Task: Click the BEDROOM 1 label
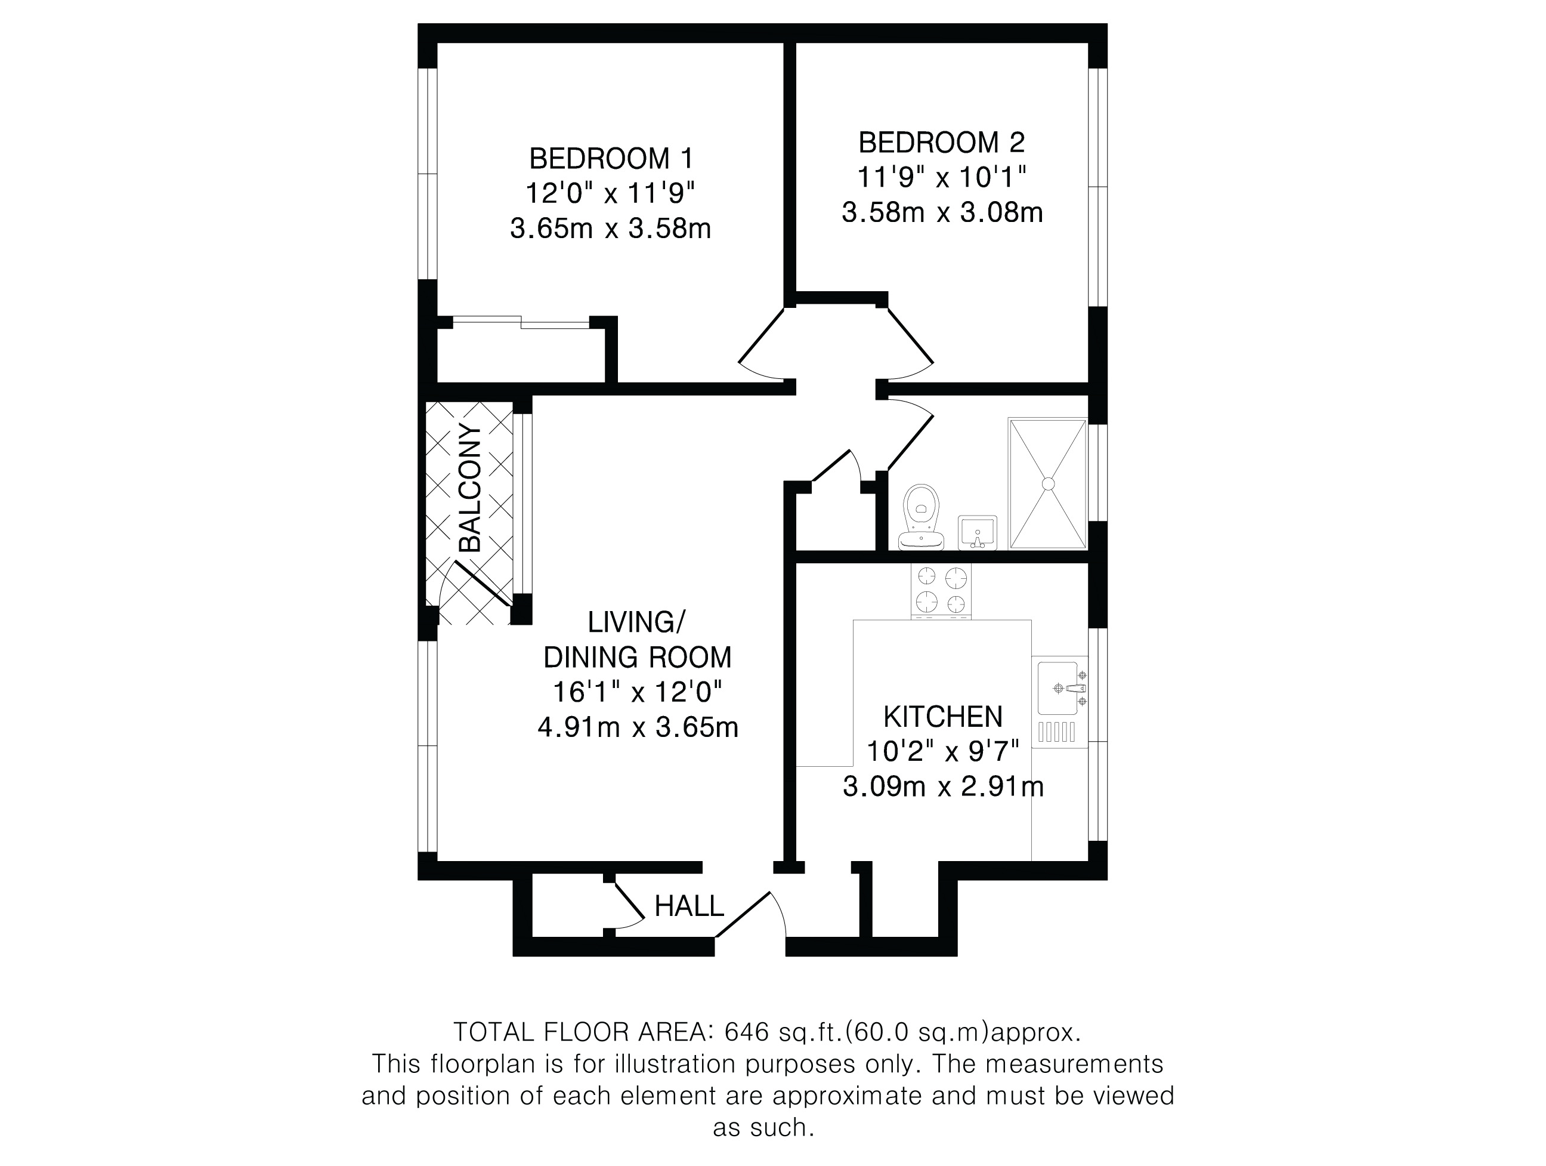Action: [x=611, y=159]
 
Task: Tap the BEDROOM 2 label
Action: [x=941, y=143]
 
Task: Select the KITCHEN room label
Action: [x=943, y=717]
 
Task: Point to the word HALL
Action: [x=689, y=906]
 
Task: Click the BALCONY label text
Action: [x=471, y=488]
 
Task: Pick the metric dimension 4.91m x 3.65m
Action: [x=638, y=727]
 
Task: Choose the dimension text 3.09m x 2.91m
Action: [x=943, y=787]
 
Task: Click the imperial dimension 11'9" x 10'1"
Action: [x=941, y=178]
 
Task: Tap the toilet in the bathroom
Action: [x=921, y=517]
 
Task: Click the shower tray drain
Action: [x=1048, y=483]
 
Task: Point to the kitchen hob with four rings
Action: [x=941, y=591]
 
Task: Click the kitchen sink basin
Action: [x=1058, y=689]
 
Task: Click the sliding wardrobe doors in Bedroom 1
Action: [x=521, y=322]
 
